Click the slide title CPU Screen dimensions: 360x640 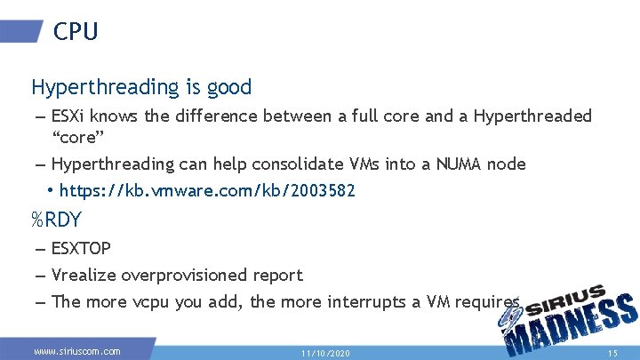[76, 31]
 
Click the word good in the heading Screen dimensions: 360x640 [228, 87]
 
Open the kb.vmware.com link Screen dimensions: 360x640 [207, 190]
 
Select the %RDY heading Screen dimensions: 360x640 [56, 220]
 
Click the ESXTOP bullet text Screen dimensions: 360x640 [81, 248]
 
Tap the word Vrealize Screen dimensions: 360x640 [84, 275]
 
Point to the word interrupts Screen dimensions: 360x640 [363, 301]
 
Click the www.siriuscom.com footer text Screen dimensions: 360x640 [76, 351]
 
